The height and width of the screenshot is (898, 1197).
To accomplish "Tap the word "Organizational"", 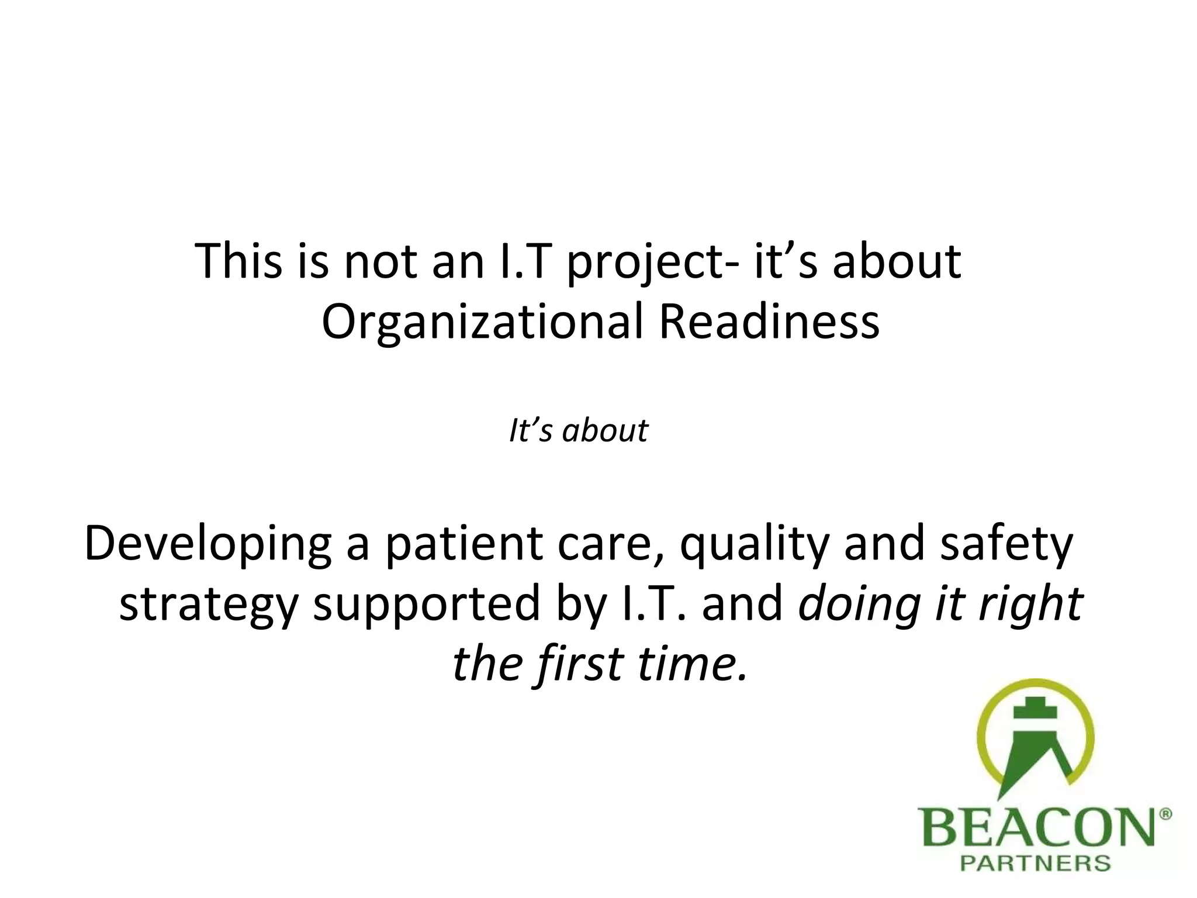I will pyautogui.click(x=482, y=323).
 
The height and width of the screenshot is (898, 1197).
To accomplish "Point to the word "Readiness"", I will pyautogui.click(x=769, y=322).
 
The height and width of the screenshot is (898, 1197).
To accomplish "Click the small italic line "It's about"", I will pyautogui.click(x=578, y=431).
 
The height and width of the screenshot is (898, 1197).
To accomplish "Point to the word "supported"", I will pyautogui.click(x=427, y=605).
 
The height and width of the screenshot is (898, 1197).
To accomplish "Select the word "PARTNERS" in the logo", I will pyautogui.click(x=1035, y=864).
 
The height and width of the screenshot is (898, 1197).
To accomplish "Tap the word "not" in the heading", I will pyautogui.click(x=381, y=261).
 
